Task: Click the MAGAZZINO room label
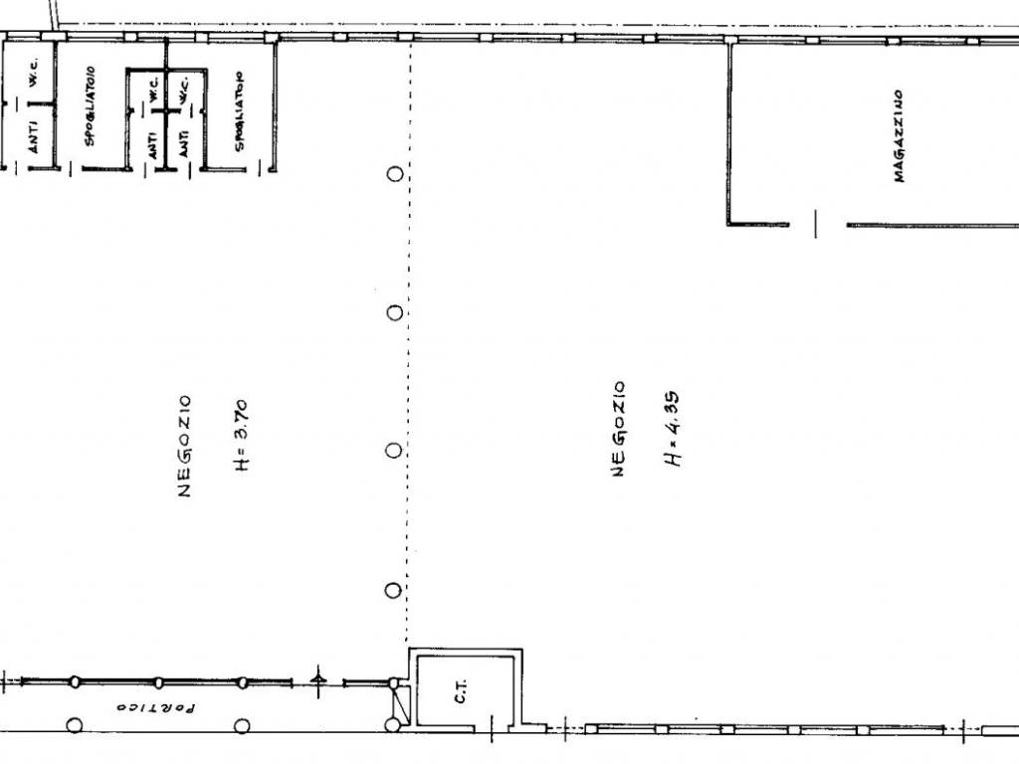(899, 135)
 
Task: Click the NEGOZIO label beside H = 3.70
(184, 446)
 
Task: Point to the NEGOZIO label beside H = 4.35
(619, 430)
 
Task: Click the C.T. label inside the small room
(460, 691)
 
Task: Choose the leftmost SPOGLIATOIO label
(90, 105)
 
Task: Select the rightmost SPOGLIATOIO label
(240, 111)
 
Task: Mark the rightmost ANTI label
(184, 143)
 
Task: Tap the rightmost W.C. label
(183, 91)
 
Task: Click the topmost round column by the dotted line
(394, 173)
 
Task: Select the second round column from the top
(394, 313)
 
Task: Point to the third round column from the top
(394, 451)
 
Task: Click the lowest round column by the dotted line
(393, 591)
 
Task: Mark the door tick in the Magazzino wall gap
(816, 224)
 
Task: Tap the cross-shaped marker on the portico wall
(317, 680)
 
